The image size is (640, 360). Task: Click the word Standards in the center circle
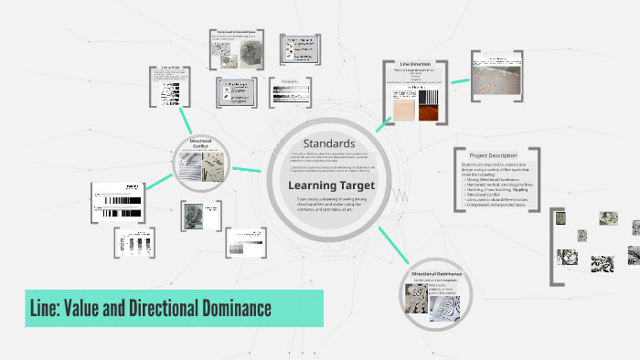tap(328, 143)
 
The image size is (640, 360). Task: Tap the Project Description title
tap(493, 155)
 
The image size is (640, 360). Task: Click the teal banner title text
tap(149, 308)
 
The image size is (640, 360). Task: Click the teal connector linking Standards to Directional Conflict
tap(246, 169)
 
